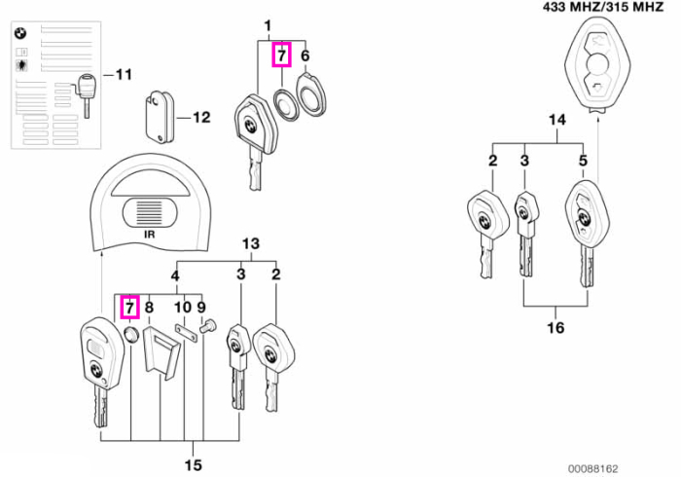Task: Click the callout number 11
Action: coord(124,74)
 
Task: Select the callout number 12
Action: coord(201,117)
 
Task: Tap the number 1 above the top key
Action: coord(268,26)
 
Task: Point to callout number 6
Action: coord(305,55)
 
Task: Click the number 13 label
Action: coord(251,243)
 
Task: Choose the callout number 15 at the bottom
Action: coord(194,465)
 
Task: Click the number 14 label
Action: coord(557,120)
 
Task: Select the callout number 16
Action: coord(556,327)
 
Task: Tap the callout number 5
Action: coord(583,161)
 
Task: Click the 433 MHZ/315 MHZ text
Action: coord(603,7)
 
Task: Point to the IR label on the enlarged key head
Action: coord(150,235)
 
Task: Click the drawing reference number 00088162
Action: coord(592,469)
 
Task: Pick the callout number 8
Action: coord(149,308)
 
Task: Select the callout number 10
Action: coord(183,308)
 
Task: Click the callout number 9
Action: coord(201,308)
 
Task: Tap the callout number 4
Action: coord(174,275)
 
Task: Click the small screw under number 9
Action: coord(207,326)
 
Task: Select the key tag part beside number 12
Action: coord(159,117)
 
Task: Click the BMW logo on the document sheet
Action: coord(20,33)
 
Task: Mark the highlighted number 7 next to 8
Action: coord(129,308)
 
